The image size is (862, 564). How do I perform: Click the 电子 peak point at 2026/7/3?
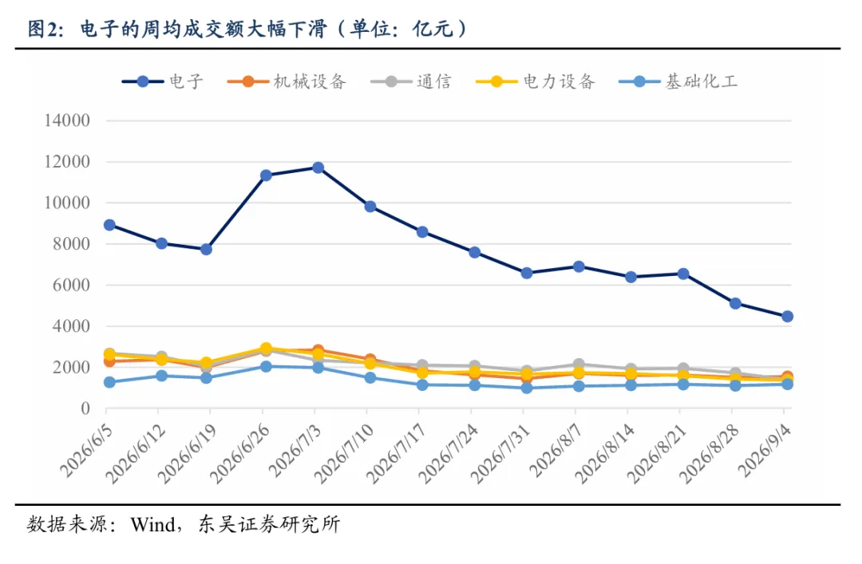318,168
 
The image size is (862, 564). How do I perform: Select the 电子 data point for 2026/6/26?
266,176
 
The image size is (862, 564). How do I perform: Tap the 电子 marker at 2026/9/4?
787,316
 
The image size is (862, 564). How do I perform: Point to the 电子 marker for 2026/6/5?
109,225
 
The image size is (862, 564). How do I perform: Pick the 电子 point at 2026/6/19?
206,249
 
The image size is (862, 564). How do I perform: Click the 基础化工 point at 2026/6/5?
109,382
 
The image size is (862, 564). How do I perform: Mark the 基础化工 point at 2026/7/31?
527,388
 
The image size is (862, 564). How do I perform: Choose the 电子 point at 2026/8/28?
736,303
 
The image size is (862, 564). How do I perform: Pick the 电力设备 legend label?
559,81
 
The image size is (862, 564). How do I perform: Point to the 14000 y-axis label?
67,120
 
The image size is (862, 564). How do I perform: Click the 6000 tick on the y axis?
72,285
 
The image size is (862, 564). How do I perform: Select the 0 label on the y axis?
85,408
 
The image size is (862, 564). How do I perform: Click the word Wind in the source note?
152,524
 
